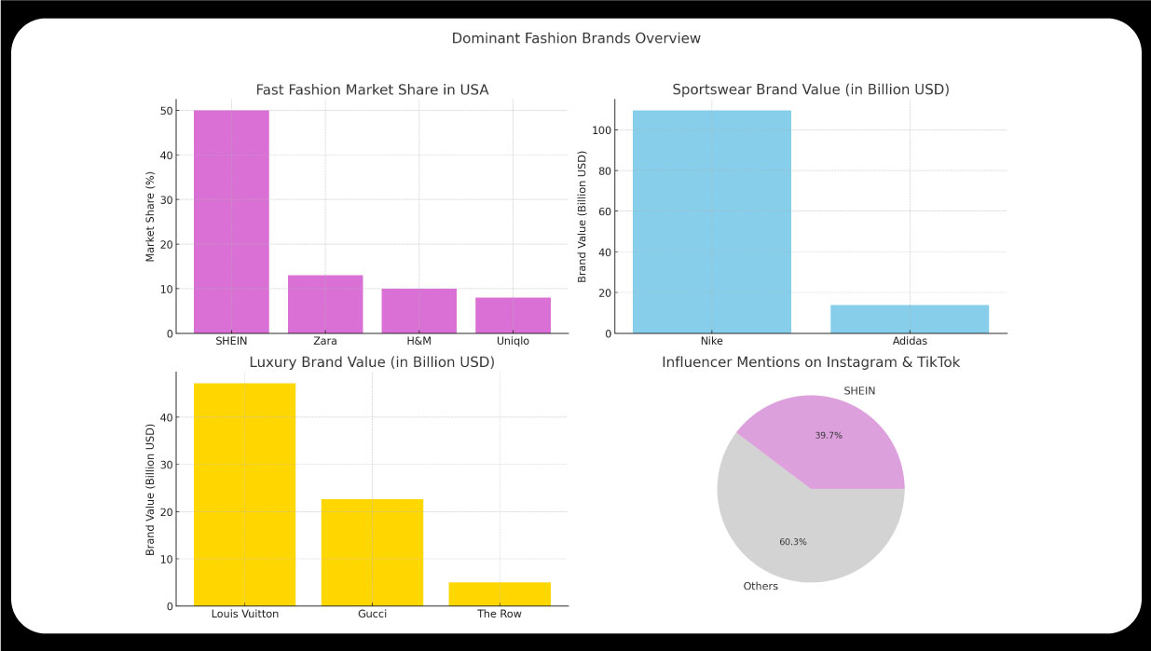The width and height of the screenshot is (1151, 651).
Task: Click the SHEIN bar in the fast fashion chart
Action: pos(231,222)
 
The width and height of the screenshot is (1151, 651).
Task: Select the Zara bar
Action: pos(325,305)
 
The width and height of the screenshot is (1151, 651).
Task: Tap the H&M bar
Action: pos(418,311)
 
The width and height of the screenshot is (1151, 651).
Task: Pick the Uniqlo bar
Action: pos(513,316)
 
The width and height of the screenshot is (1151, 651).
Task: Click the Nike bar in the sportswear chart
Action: pos(711,222)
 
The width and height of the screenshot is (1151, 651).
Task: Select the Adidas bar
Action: pos(910,319)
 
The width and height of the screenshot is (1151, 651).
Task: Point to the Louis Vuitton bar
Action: pos(244,495)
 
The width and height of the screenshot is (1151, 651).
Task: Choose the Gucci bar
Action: pos(372,552)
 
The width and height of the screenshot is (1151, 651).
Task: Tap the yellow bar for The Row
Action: pos(500,594)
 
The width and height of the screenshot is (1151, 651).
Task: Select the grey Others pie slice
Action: pos(774,522)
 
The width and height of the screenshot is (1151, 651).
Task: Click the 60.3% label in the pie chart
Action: pos(793,541)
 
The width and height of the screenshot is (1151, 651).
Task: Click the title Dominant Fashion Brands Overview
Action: pos(576,38)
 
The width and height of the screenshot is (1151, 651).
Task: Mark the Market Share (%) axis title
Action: pos(150,216)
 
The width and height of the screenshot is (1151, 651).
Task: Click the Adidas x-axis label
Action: pos(910,341)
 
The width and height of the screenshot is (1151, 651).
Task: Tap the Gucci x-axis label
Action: pos(372,614)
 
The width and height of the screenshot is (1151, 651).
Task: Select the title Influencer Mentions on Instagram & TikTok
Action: pos(811,362)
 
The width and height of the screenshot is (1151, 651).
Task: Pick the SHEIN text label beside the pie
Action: pos(859,391)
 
